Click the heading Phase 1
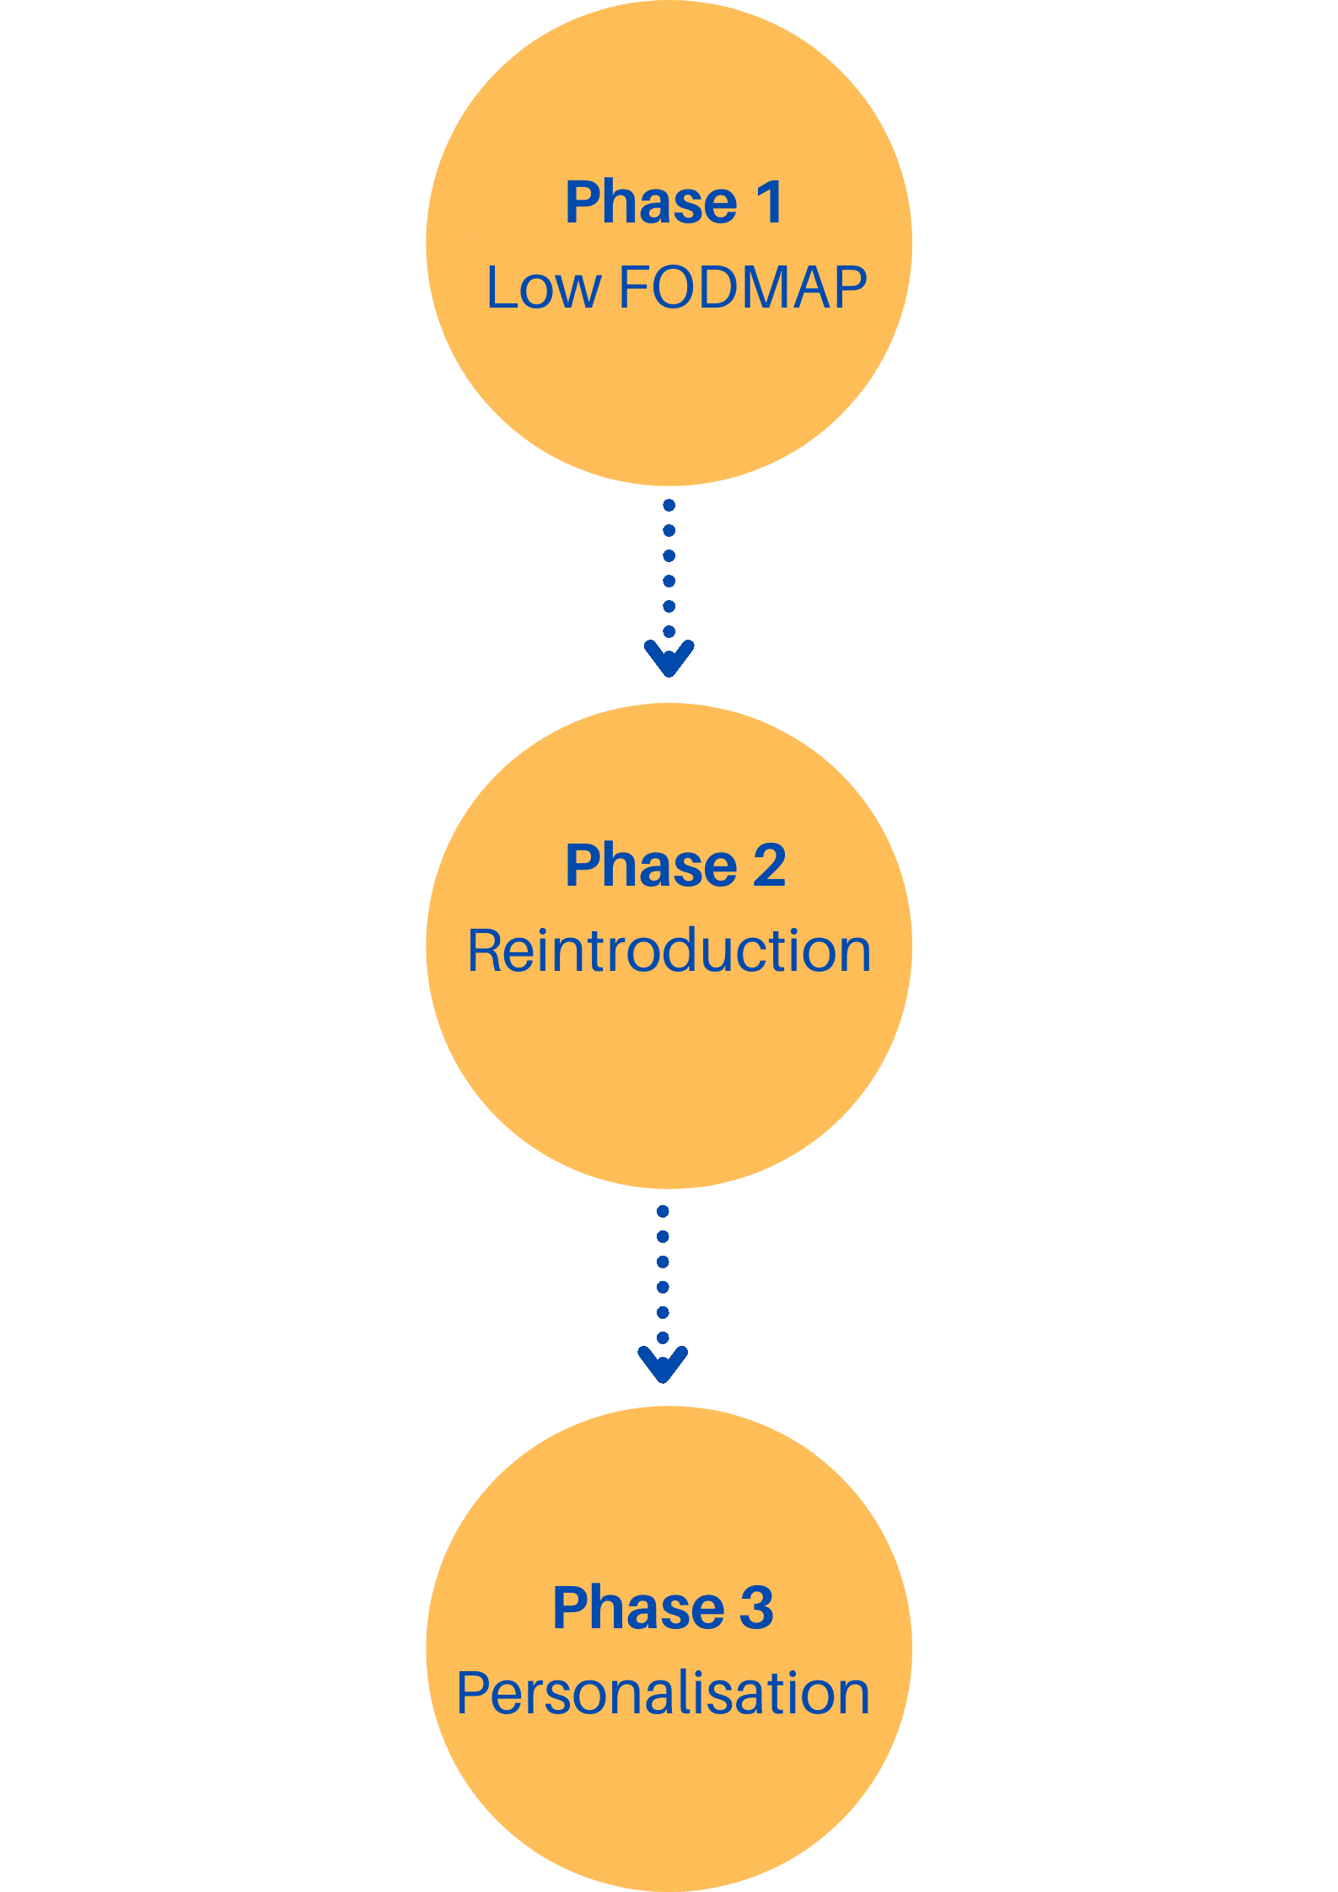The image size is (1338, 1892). [674, 202]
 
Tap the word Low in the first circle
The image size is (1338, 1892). [544, 288]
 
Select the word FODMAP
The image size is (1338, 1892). [743, 287]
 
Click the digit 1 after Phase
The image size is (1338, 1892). [770, 202]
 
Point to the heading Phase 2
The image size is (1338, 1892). [675, 866]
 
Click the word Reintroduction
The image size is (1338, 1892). [669, 951]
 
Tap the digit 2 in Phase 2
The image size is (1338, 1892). [769, 866]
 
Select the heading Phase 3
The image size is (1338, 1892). [663, 1607]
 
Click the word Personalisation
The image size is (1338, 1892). [664, 1694]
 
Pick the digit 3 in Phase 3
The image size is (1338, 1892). [756, 1607]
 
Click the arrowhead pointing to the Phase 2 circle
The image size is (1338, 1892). [669, 658]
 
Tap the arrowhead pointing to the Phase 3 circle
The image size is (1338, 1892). [663, 1364]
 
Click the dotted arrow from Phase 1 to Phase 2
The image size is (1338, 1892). [669, 588]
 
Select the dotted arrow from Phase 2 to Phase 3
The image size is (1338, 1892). [663, 1294]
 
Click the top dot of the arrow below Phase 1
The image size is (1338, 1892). [669, 506]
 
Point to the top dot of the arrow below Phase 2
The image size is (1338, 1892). [663, 1212]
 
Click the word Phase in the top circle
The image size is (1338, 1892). [651, 202]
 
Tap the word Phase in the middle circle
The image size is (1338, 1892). [651, 866]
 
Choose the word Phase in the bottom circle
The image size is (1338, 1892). [638, 1607]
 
